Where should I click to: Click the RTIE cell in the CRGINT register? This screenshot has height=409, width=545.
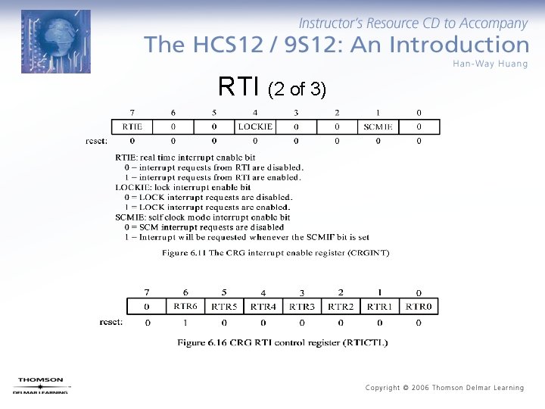point(132,126)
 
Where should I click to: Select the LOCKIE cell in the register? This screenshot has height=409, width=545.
point(255,126)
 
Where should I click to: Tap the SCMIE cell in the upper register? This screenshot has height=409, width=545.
point(377,126)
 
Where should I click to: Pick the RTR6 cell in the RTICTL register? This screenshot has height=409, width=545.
point(185,306)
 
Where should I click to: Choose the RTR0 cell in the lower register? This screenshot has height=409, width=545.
point(419,306)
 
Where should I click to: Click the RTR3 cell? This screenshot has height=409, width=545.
point(302,306)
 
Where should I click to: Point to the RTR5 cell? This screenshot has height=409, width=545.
point(224,306)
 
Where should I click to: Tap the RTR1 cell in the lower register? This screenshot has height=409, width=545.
point(379,306)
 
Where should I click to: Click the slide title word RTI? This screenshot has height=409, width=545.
point(240,87)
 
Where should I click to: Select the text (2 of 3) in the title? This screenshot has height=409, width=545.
point(297,89)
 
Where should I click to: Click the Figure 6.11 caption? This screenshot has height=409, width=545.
point(276,252)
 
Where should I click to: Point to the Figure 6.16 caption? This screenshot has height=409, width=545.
point(282,342)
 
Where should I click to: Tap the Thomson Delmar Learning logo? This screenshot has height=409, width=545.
point(41,386)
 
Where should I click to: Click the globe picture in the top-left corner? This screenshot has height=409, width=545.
point(55,42)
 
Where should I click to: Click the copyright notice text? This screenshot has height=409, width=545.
point(444,388)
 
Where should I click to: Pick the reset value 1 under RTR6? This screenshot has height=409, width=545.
point(185,323)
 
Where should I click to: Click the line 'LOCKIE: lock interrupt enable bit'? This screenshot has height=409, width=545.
point(182,187)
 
